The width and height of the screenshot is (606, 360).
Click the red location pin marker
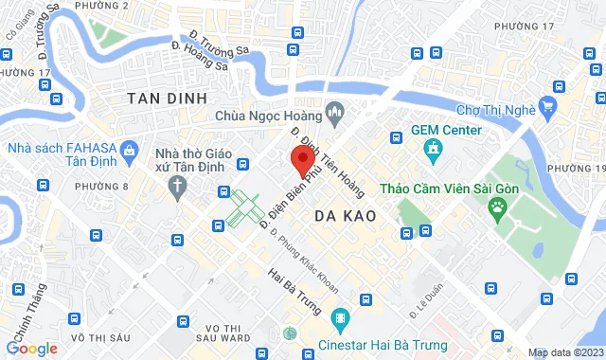[302, 158]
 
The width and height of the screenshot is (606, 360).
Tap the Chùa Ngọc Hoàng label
[268, 115]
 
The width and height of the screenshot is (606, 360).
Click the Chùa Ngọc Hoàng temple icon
[332, 115]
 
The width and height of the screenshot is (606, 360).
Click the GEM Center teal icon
[434, 149]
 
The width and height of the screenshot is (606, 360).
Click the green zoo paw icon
[497, 206]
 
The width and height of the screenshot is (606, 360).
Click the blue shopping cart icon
[547, 104]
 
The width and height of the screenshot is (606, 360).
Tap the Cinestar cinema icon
[341, 315]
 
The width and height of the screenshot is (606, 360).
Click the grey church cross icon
[177, 187]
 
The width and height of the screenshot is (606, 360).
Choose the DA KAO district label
[345, 216]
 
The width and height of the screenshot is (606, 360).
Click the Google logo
[31, 349]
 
